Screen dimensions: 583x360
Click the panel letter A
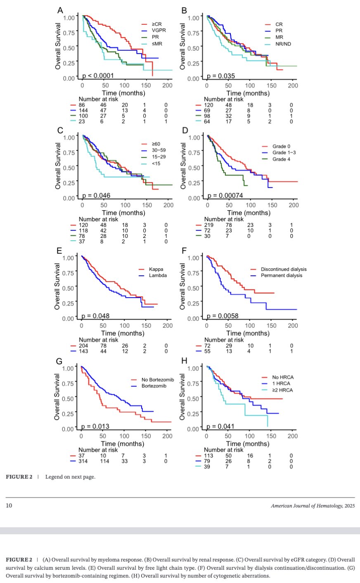pos(60,10)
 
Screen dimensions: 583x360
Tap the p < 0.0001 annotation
pos(98,76)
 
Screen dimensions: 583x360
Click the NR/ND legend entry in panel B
pos(283,44)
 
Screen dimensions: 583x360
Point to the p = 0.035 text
pos(220,76)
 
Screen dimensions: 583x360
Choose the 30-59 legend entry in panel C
pos(159,150)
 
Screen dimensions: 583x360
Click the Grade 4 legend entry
pos(282,159)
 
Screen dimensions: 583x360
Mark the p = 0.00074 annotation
pos(225,195)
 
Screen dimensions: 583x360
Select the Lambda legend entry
pos(158,275)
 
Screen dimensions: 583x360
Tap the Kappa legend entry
pos(156,269)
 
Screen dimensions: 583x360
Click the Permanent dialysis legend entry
pos(282,275)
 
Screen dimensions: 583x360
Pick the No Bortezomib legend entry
pos(157,380)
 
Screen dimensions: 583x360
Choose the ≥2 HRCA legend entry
pos(283,390)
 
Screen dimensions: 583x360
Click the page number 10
pos(9,505)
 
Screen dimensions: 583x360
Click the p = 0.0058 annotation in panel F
pos(223,316)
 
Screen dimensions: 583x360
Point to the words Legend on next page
pos(70,477)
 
